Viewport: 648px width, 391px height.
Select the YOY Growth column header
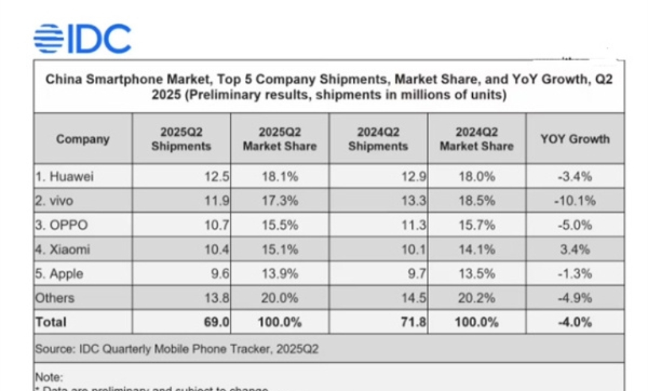pyautogui.click(x=575, y=139)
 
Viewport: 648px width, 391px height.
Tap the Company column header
pyautogui.click(x=83, y=139)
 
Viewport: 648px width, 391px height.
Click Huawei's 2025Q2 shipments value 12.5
pyautogui.click(x=218, y=177)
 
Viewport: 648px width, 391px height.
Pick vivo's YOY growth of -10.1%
pyautogui.click(x=575, y=201)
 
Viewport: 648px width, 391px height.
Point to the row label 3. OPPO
pyautogui.click(x=61, y=225)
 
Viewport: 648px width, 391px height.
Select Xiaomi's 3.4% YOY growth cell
pyautogui.click(x=575, y=249)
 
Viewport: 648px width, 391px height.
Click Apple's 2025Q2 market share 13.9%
pyautogui.click(x=279, y=274)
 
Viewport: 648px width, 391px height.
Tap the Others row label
pyautogui.click(x=55, y=298)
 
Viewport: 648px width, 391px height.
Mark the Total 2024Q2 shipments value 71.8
pyautogui.click(x=415, y=322)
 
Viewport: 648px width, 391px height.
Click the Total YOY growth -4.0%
pyautogui.click(x=575, y=322)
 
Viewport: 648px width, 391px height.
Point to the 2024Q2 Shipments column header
pyautogui.click(x=378, y=139)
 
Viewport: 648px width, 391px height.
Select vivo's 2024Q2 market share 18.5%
pyautogui.click(x=476, y=201)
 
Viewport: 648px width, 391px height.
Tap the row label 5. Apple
pyautogui.click(x=59, y=274)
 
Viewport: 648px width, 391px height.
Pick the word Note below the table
pyautogui.click(x=48, y=378)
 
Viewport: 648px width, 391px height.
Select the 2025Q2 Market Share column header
pyautogui.click(x=279, y=139)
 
